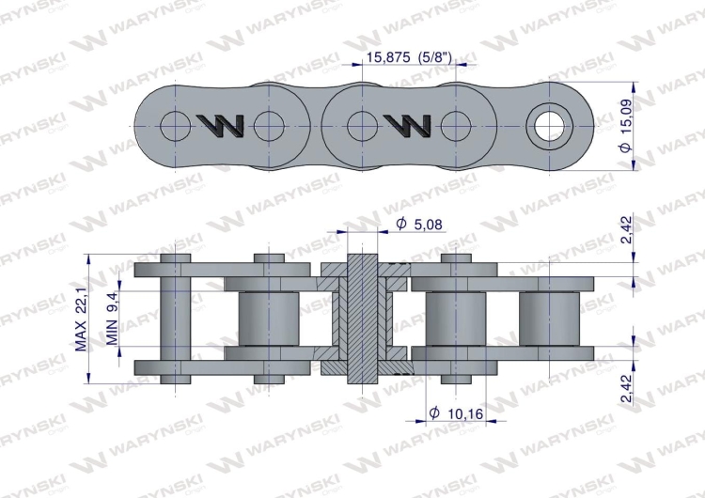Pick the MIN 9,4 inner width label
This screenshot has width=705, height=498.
tap(112, 319)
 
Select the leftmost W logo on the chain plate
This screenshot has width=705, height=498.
tap(222, 125)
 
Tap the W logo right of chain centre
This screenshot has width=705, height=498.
tap(407, 124)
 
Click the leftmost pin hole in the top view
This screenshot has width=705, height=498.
tap(174, 124)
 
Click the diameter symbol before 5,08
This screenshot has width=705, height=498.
tap(401, 224)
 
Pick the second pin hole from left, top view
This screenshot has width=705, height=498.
tap(269, 124)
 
